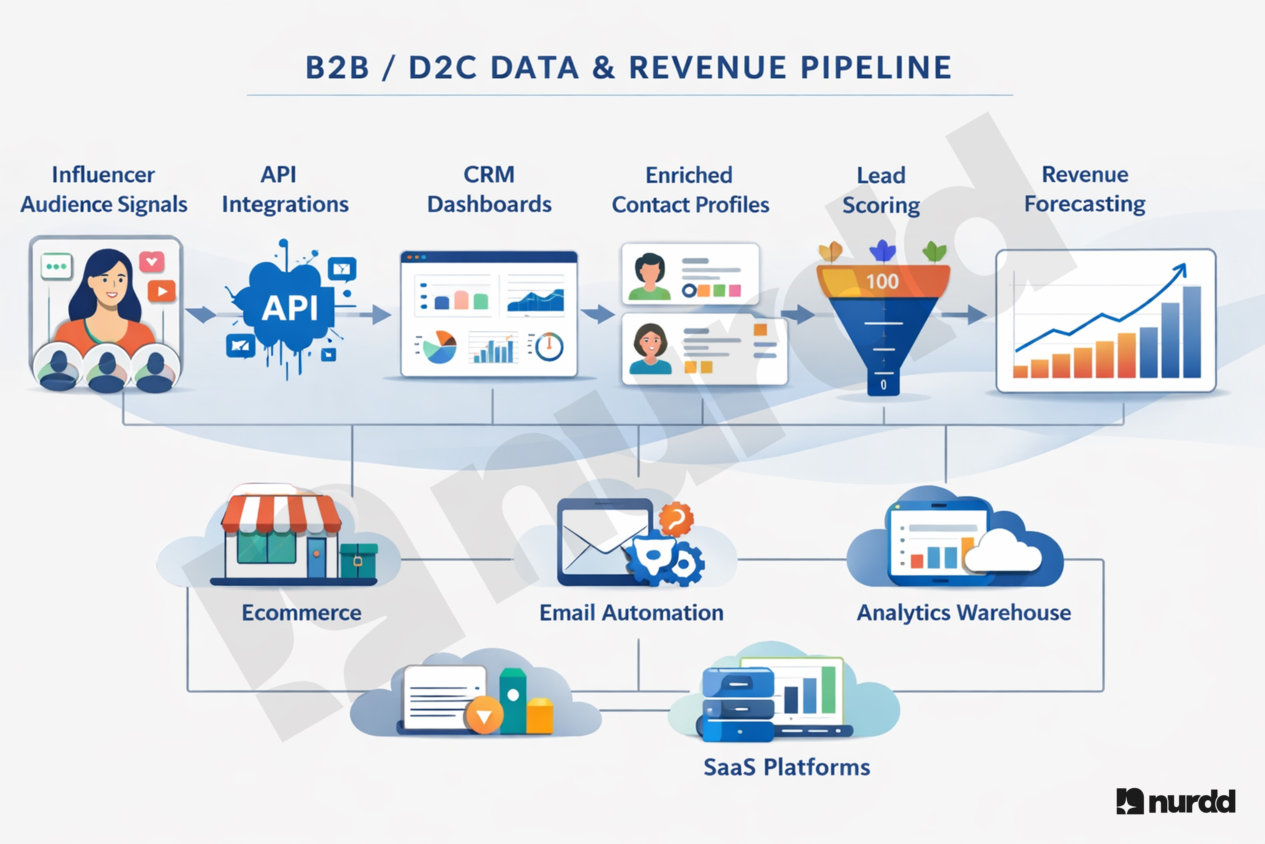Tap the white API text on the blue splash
pyautogui.click(x=289, y=308)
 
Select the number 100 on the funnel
pyautogui.click(x=882, y=281)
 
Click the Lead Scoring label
pyautogui.click(x=881, y=190)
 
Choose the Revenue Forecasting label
pyautogui.click(x=1085, y=190)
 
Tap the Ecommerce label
pyautogui.click(x=301, y=613)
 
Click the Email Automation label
pyautogui.click(x=631, y=613)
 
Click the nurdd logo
pyautogui.click(x=1176, y=802)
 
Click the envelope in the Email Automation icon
pyautogui.click(x=597, y=541)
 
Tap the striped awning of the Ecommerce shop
pyautogui.click(x=281, y=514)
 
